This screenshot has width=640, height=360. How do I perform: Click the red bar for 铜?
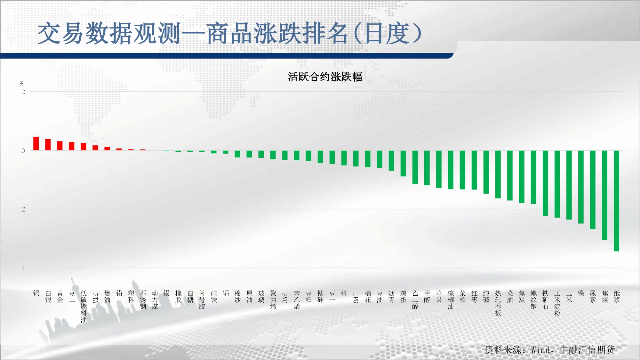click(x=36, y=144)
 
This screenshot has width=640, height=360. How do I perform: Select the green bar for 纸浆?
click(x=616, y=201)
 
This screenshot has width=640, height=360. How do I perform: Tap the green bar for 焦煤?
click(x=604, y=195)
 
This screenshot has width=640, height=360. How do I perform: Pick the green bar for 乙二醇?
click(x=415, y=167)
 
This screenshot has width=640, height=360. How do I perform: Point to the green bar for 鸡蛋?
click(x=403, y=164)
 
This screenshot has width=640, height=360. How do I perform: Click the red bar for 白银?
click(x=48, y=145)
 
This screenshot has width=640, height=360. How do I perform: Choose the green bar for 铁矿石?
click(x=545, y=183)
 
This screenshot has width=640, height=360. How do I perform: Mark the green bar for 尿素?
click(x=593, y=190)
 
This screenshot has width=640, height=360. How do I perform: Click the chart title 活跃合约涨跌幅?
click(x=325, y=77)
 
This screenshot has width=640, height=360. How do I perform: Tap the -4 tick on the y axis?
click(x=22, y=268)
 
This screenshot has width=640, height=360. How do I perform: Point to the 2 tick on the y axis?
click(x=23, y=92)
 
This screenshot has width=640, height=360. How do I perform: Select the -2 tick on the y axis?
click(x=22, y=209)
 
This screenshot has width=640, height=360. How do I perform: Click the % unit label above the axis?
click(x=21, y=84)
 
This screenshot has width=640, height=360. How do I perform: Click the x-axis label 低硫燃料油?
click(x=84, y=307)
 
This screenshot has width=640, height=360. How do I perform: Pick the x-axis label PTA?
click(x=95, y=298)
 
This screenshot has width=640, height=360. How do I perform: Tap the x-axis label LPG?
click(x=356, y=298)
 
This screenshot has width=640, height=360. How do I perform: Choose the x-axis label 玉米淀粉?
click(x=557, y=303)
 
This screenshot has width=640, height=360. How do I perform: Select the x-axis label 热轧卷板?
click(x=498, y=303)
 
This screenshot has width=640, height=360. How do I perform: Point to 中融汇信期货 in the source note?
click(x=588, y=350)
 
